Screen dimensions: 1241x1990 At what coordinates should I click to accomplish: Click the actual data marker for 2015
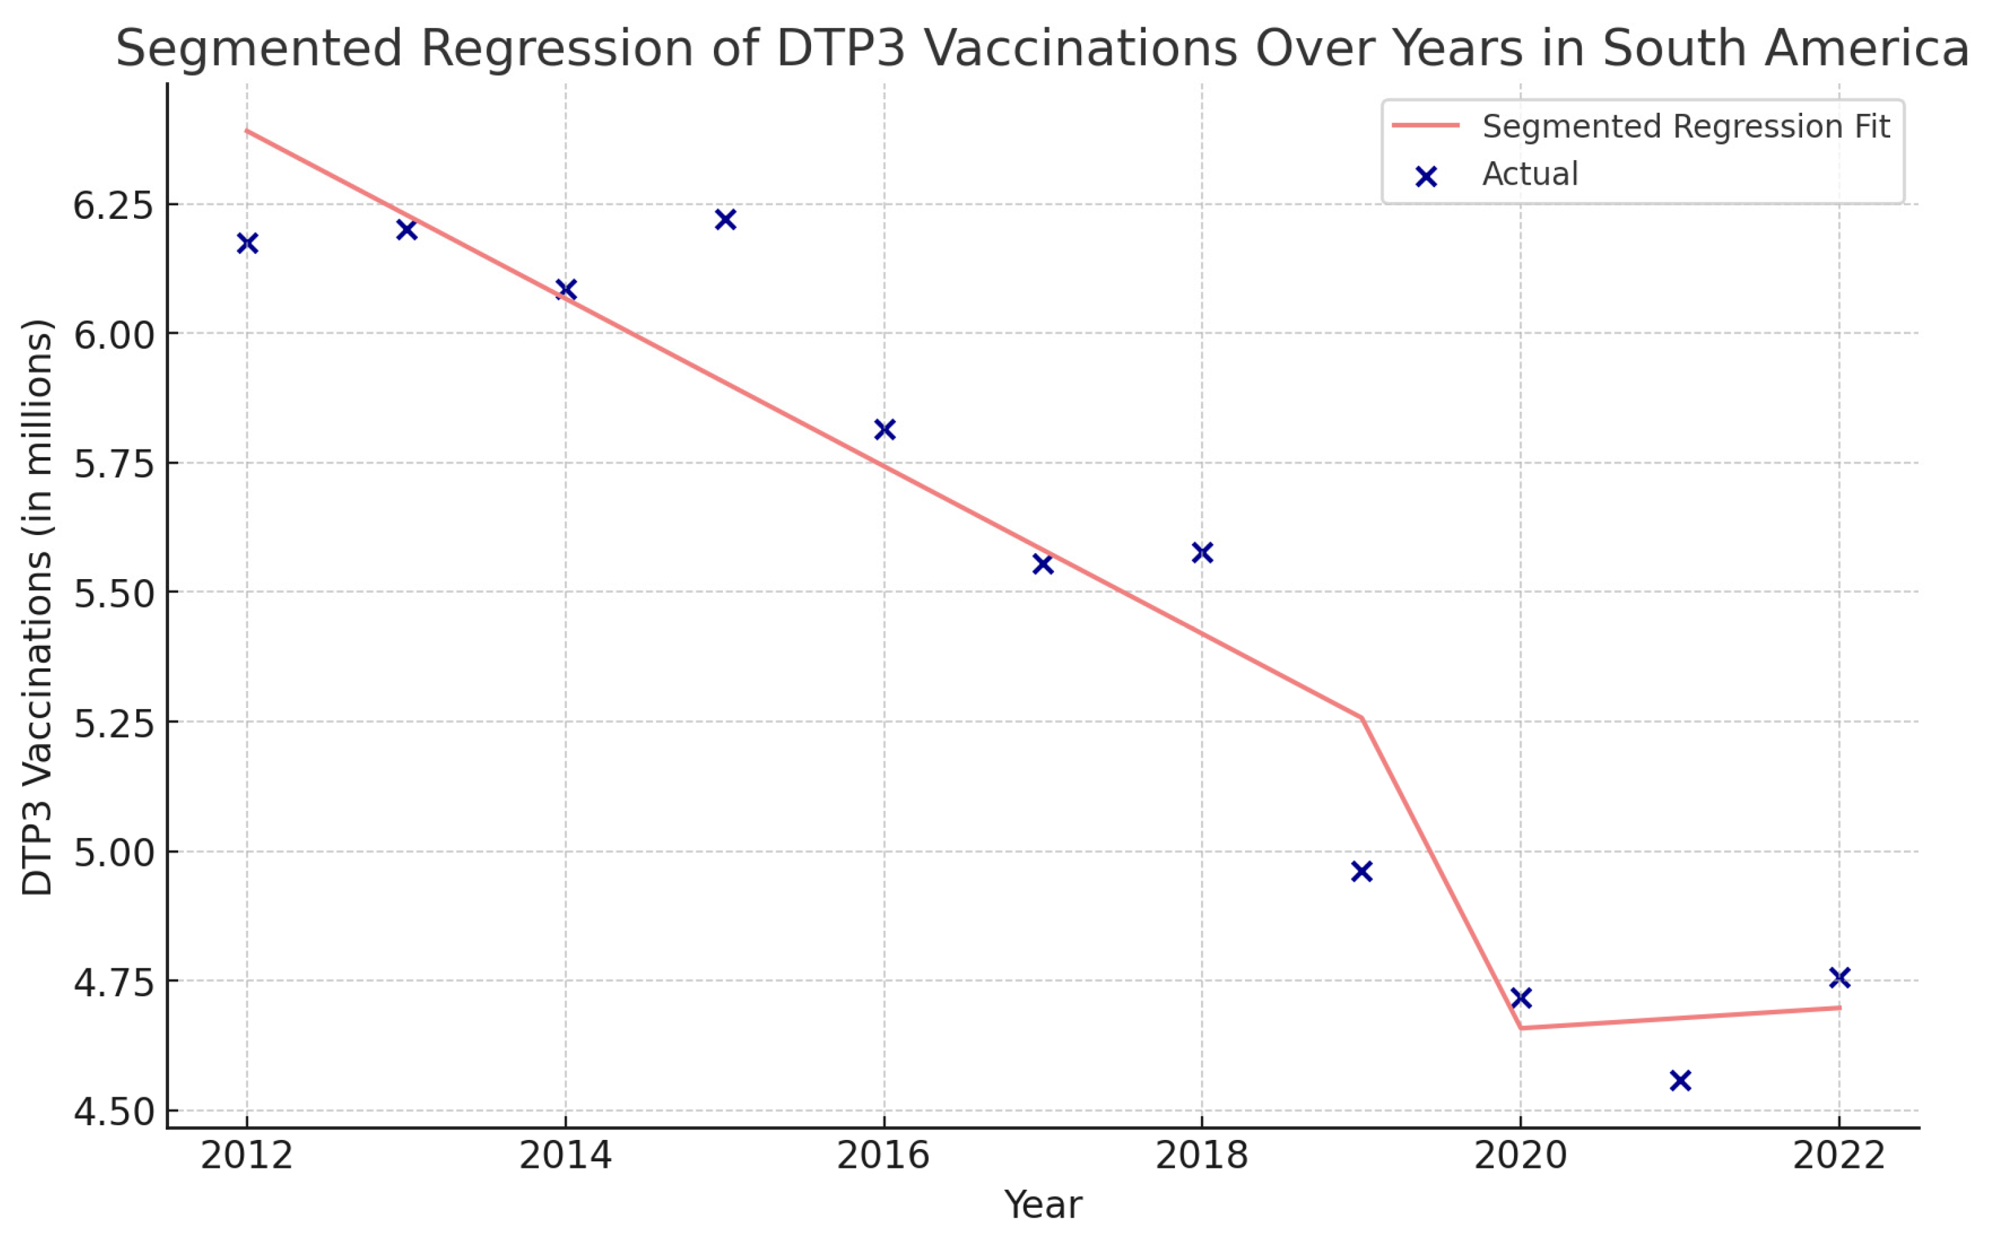(725, 219)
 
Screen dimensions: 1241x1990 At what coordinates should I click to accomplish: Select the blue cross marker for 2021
(1680, 1080)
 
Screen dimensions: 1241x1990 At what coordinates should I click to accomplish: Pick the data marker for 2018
(1202, 552)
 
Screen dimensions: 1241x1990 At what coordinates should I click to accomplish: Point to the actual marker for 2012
(247, 243)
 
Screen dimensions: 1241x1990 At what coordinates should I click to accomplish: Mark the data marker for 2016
(884, 429)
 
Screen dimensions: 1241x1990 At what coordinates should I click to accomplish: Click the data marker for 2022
(1839, 977)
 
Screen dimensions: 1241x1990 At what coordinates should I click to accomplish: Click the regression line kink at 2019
(1362, 718)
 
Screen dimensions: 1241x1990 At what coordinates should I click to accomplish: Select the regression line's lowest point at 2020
(1520, 1028)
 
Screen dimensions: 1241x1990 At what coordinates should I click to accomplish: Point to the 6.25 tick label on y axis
(113, 205)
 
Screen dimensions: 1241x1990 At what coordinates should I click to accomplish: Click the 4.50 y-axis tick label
(113, 1112)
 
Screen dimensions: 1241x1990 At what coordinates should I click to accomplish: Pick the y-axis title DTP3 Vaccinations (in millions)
(37, 608)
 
